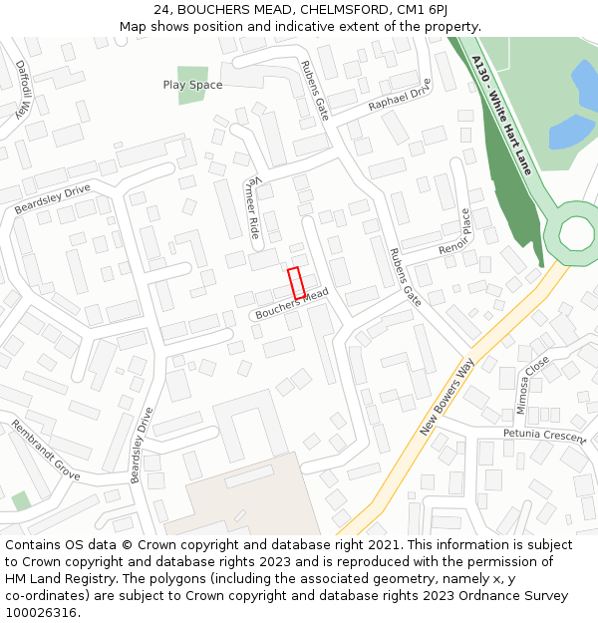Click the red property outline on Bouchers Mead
(296, 283)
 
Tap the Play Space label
(192, 86)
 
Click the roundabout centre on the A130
(577, 232)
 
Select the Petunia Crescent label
(544, 435)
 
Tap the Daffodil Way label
(21, 89)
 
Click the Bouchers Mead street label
(292, 306)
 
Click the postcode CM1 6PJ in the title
(412, 10)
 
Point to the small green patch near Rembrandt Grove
(21, 500)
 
